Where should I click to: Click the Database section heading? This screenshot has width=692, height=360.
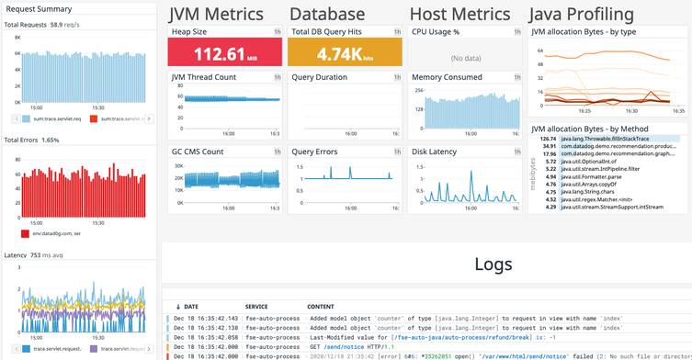[x=326, y=14]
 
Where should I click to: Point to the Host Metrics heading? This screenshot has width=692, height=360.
[x=459, y=14]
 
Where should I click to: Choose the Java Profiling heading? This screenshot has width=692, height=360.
[x=583, y=14]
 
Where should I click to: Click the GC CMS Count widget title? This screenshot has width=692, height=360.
[x=198, y=152]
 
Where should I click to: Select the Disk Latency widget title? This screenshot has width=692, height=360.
[x=435, y=152]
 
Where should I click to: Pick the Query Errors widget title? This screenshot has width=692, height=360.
[x=314, y=152]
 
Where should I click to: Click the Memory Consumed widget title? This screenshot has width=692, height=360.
[x=447, y=77]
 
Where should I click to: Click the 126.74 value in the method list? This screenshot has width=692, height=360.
[x=549, y=138]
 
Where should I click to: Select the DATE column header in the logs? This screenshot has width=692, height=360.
[x=191, y=306]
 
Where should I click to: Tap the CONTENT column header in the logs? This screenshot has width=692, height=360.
[x=322, y=306]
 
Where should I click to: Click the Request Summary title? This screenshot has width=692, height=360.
[x=39, y=8]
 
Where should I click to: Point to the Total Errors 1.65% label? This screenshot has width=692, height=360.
[x=32, y=141]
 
